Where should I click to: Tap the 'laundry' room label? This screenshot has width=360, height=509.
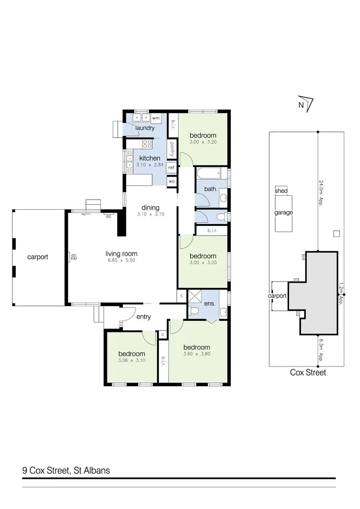(144, 128)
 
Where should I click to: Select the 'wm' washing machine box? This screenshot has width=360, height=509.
(156, 118)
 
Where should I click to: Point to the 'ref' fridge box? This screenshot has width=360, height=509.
(171, 167)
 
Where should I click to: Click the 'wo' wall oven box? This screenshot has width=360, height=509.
(171, 181)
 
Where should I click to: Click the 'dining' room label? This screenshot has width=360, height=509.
(150, 208)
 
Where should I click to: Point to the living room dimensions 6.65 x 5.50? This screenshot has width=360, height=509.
(121, 262)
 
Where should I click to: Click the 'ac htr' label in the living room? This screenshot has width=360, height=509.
(74, 257)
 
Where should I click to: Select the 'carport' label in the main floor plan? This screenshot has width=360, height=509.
(37, 257)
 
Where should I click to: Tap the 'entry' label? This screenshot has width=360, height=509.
(144, 317)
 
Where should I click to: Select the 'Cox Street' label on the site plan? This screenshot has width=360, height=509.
(308, 372)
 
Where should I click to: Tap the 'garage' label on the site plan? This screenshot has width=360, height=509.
(283, 213)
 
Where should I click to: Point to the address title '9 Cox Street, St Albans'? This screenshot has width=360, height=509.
(66, 470)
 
